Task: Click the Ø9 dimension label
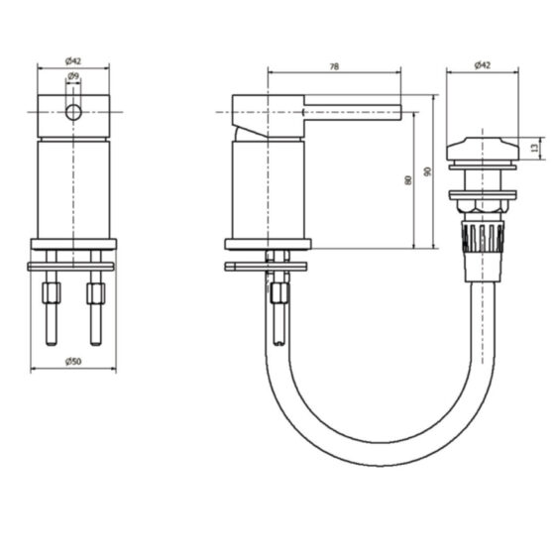[x=73, y=75]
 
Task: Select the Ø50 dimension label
[x=73, y=362]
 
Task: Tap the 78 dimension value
[x=334, y=66]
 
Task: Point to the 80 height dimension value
[x=407, y=180]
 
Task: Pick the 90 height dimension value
[x=427, y=171]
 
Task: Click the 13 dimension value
[x=535, y=148]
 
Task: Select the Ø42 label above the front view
[x=73, y=61]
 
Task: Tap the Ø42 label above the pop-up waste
[x=483, y=65]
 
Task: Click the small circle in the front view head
[x=73, y=113]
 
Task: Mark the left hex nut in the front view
[x=52, y=293]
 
